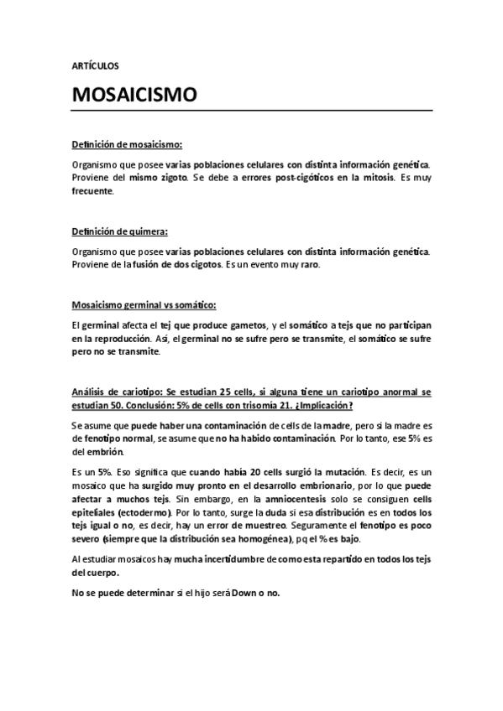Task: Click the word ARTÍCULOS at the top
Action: pyautogui.click(x=96, y=64)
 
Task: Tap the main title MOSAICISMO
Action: pyautogui.click(x=134, y=95)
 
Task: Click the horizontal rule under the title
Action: pyautogui.click(x=252, y=111)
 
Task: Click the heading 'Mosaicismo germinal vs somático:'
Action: pyautogui.click(x=144, y=305)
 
